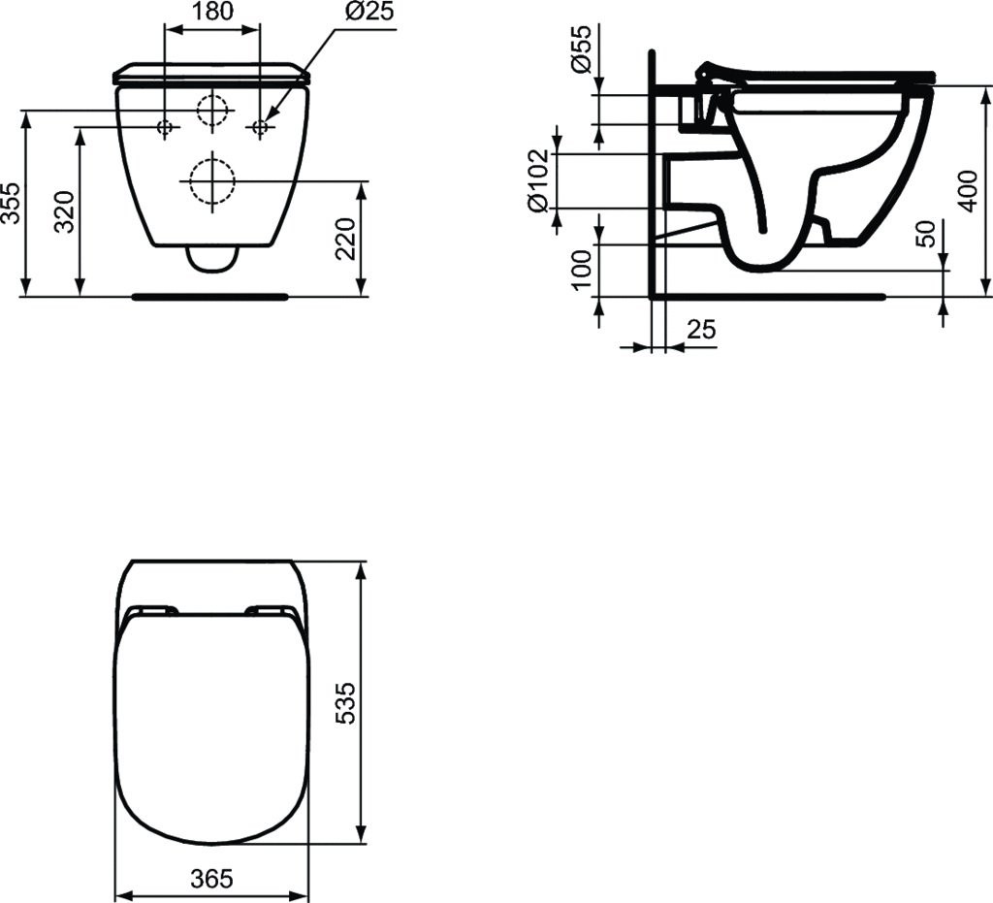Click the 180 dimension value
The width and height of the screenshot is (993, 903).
pos(211,11)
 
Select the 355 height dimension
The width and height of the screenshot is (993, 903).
pos(11,204)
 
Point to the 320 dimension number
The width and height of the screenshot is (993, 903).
pos(65,211)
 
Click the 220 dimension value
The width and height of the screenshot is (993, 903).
pos(345,239)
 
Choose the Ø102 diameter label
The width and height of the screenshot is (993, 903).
pos(537,181)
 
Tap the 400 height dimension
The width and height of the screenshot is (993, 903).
pos(969,191)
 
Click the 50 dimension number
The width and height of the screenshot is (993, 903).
pos(926,234)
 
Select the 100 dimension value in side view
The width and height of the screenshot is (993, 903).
pos(581,269)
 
